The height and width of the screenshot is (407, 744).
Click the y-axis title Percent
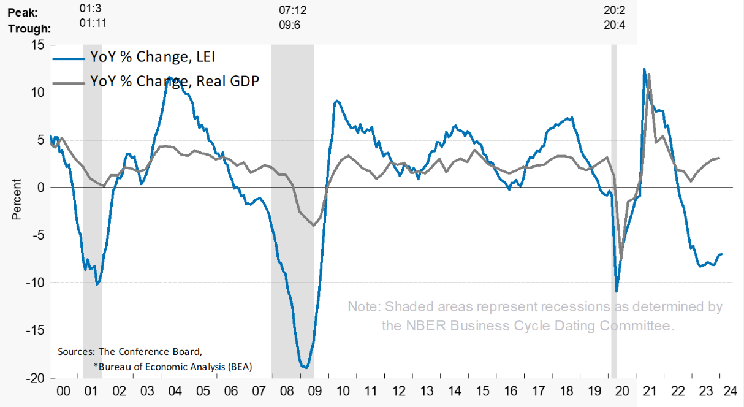[x=17, y=199]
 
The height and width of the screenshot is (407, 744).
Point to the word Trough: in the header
[x=29, y=28]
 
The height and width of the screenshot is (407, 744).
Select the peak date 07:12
[x=292, y=10]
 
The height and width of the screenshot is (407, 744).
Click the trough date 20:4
[x=613, y=26]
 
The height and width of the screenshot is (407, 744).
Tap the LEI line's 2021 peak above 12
[x=643, y=69]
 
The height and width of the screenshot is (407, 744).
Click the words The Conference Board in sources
[x=150, y=352]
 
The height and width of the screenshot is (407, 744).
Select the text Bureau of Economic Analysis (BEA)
[x=175, y=366]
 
